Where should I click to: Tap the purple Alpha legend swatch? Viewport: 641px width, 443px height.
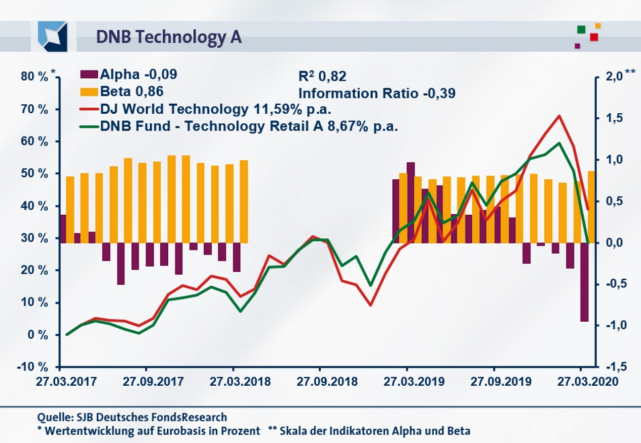(87, 75)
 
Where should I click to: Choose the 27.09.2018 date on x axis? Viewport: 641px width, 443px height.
(319, 380)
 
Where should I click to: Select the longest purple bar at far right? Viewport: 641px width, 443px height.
(585, 282)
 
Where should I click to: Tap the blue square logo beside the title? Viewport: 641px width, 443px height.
(53, 36)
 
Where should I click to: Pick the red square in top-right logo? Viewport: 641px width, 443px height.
(594, 37)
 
